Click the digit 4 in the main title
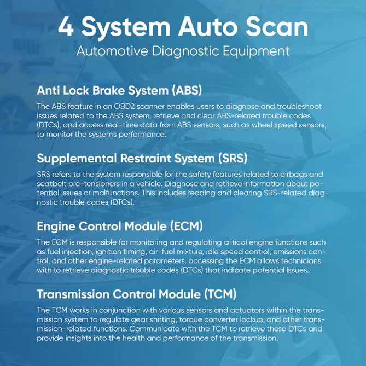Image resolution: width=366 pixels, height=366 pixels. (x=66, y=27)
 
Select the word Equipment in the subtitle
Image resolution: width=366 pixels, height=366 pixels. (x=256, y=51)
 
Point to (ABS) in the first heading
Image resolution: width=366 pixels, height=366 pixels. (x=187, y=90)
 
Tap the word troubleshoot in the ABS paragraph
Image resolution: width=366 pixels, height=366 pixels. (x=299, y=107)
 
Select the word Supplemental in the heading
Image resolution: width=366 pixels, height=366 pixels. (x=77, y=159)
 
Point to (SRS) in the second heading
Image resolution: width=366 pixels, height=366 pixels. (x=233, y=158)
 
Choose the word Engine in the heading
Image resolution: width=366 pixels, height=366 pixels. (x=56, y=226)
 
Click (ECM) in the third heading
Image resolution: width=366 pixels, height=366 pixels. (x=186, y=226)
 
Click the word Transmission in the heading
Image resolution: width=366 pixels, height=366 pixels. (x=73, y=294)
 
